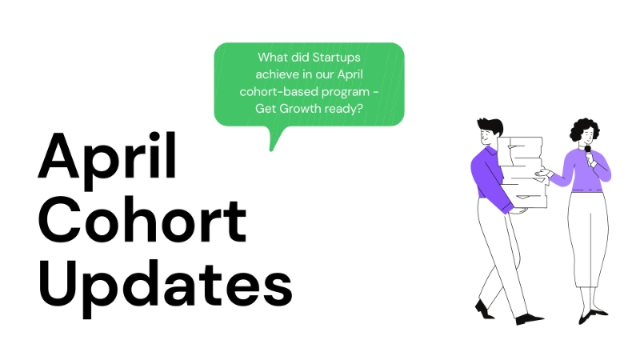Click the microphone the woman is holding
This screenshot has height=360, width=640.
[x=588, y=151]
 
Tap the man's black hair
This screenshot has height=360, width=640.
[x=490, y=127]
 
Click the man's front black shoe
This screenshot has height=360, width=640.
[x=529, y=318]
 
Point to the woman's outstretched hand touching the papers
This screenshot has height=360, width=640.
[x=546, y=171]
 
